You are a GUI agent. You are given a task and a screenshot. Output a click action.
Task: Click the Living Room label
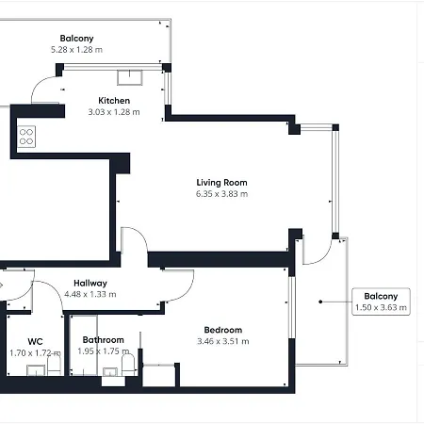[x=221, y=182]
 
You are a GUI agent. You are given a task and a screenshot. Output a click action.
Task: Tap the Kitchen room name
[x=114, y=101]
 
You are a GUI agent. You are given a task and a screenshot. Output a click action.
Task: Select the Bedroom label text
[x=223, y=330]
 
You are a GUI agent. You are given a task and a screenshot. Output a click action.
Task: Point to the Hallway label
[x=90, y=283]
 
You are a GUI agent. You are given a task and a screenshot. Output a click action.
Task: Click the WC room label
[x=35, y=340]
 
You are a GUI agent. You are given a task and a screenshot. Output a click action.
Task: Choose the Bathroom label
[x=103, y=340]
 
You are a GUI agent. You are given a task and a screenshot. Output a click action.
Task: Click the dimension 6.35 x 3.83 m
[x=221, y=194]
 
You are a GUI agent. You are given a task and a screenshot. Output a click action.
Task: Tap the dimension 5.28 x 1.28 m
[x=76, y=50]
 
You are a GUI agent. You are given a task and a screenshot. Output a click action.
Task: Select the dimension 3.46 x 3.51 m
[x=223, y=341]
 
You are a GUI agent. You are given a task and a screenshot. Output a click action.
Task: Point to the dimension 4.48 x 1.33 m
[x=90, y=294]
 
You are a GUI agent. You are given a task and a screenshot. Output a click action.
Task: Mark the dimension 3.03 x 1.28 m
[x=114, y=112]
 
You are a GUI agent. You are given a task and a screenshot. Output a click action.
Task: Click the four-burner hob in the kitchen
[x=26, y=137]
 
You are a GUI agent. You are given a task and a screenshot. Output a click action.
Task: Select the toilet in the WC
[x=54, y=363]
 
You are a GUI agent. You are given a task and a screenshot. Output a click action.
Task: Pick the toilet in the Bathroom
[x=129, y=363]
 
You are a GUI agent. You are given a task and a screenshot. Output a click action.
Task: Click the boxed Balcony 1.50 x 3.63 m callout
[x=381, y=301]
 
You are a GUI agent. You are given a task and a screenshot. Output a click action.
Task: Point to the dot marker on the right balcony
[x=321, y=302]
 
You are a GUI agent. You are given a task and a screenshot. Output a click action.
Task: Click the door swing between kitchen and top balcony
[x=45, y=90]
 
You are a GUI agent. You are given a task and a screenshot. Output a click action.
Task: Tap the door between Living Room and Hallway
[x=135, y=242]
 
